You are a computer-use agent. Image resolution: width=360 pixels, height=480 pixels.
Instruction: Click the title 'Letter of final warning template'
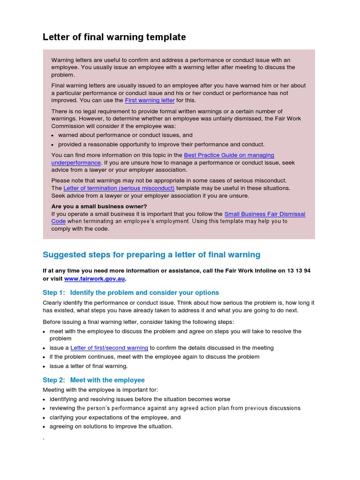click(x=114, y=37)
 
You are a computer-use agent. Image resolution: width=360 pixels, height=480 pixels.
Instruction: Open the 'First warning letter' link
click(x=150, y=100)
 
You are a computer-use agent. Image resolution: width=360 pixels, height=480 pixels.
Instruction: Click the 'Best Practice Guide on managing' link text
click(x=229, y=155)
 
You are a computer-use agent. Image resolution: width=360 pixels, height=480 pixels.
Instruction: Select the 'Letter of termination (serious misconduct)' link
click(x=119, y=188)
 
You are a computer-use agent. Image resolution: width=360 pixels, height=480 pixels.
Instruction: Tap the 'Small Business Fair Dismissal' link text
click(x=265, y=214)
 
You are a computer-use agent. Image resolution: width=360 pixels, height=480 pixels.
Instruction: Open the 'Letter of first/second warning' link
click(x=109, y=348)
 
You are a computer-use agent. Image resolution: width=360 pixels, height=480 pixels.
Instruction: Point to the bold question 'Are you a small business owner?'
click(x=99, y=206)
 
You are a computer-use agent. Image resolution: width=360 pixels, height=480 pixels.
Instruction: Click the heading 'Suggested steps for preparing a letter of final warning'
click(x=151, y=255)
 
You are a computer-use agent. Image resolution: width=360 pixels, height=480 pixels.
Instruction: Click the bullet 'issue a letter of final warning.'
click(x=89, y=366)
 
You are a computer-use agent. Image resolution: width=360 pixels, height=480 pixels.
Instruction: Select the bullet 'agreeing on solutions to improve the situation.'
click(x=111, y=426)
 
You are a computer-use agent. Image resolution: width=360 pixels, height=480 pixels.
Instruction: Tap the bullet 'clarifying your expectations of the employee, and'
click(x=115, y=417)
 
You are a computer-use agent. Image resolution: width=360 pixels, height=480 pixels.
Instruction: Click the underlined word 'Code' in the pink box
click(x=59, y=221)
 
